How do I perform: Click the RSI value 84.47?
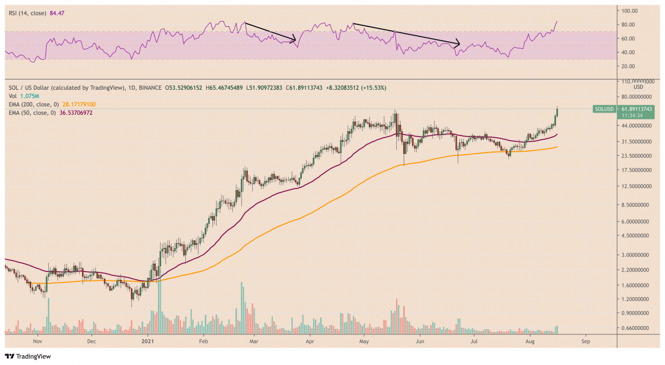(57, 13)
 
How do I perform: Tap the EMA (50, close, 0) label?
(32, 113)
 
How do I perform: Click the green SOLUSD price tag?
(623, 112)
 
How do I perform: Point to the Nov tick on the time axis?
(37, 342)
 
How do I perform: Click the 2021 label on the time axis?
(148, 342)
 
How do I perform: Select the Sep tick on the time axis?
(586, 342)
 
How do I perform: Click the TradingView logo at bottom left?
(28, 357)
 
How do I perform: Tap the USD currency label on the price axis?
(638, 87)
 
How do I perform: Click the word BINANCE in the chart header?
(149, 88)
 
